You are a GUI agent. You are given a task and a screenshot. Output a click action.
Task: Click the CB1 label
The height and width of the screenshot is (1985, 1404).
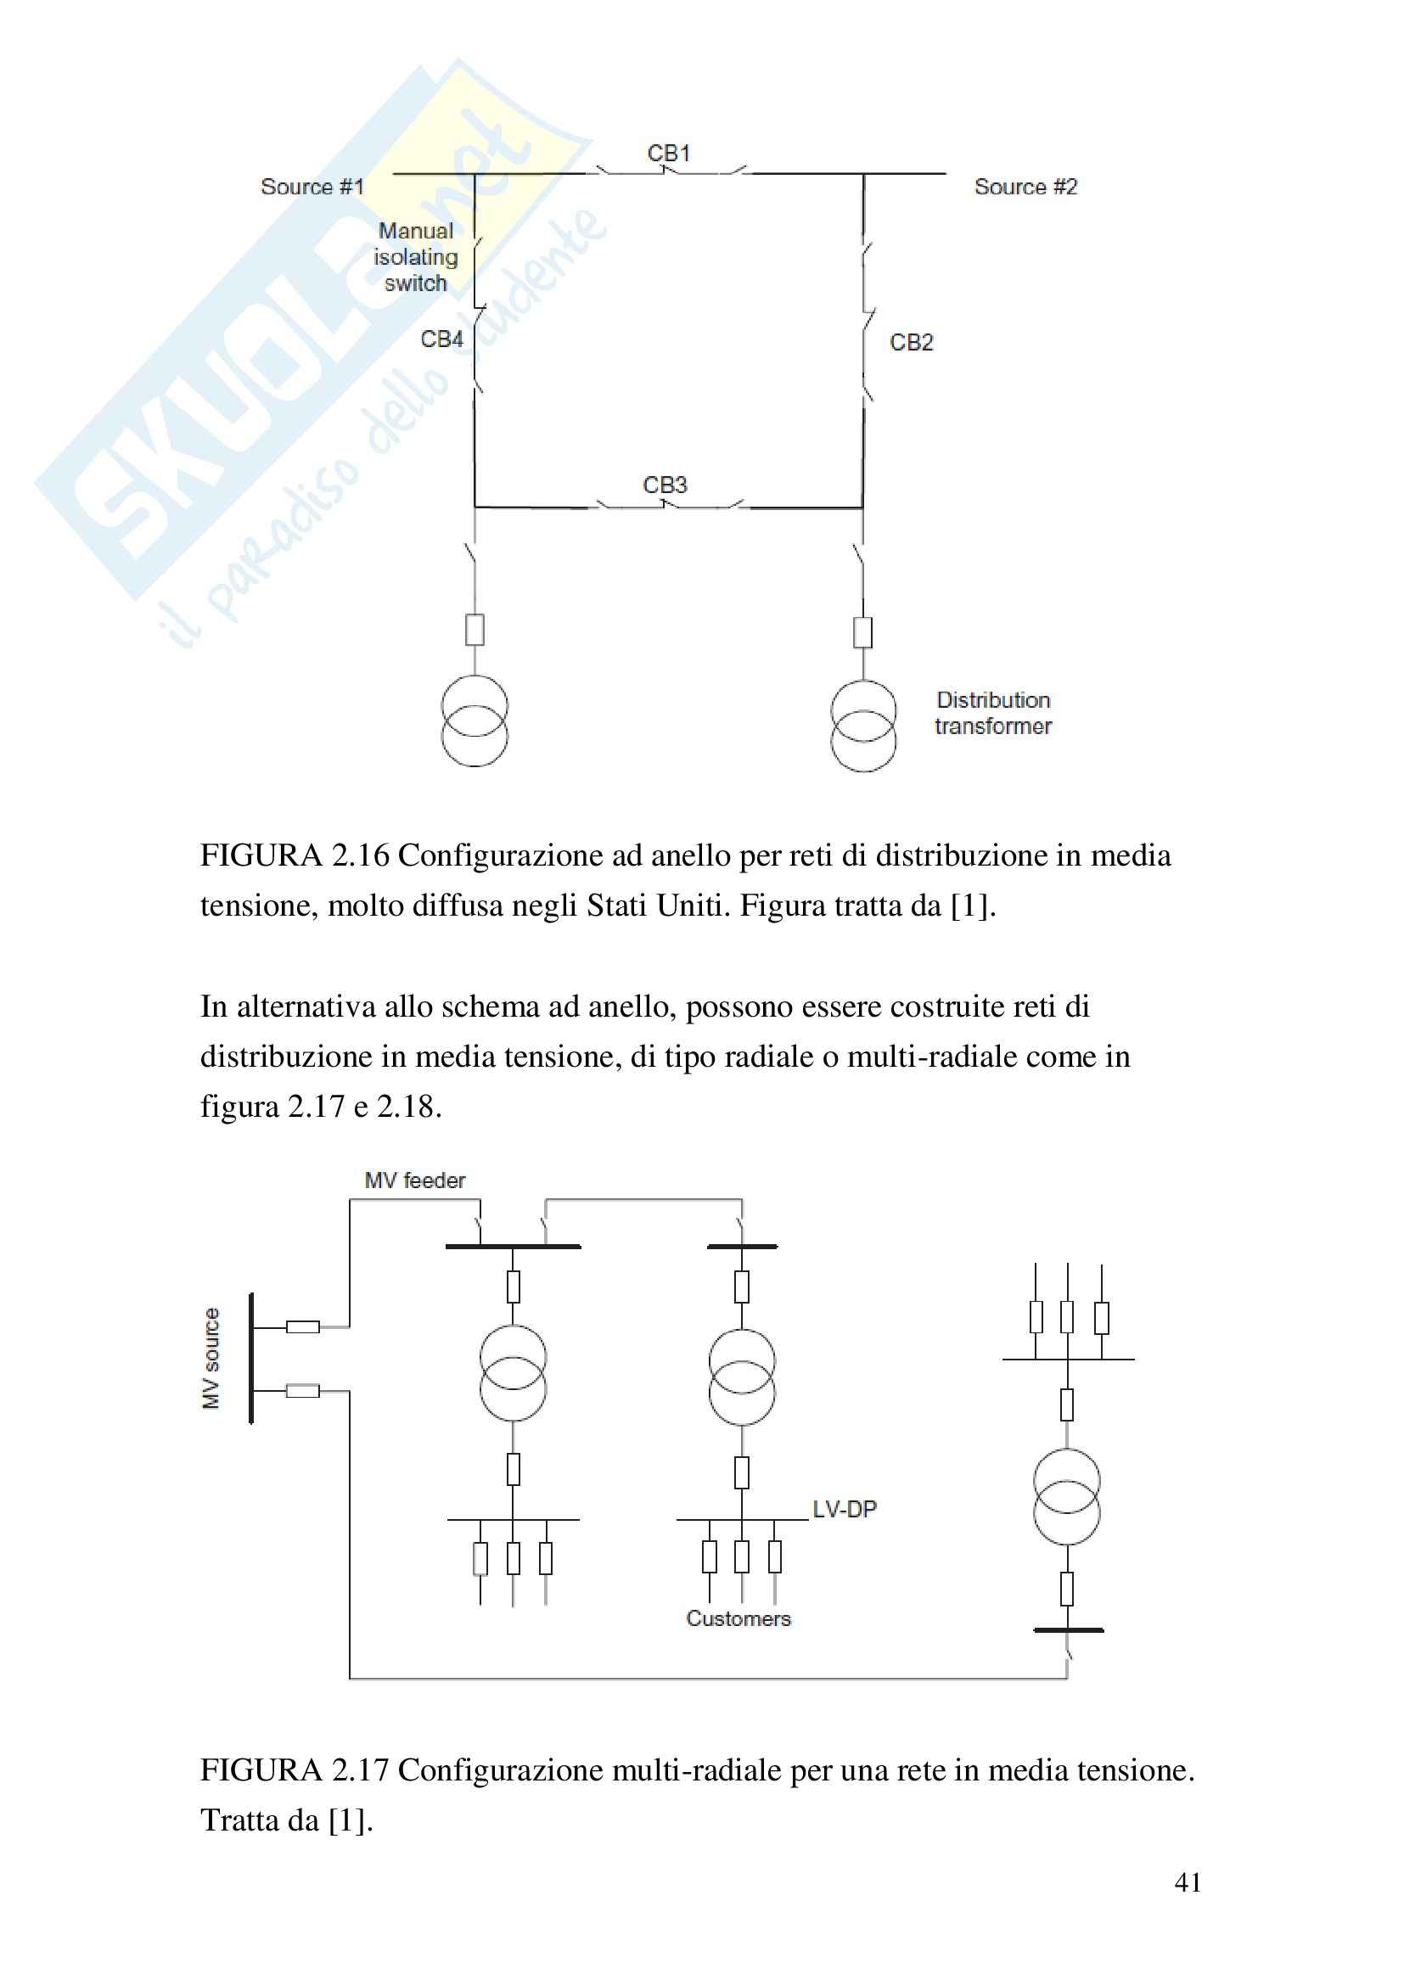tap(668, 154)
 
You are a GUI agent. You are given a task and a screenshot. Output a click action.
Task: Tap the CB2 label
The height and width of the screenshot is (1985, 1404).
tap(911, 342)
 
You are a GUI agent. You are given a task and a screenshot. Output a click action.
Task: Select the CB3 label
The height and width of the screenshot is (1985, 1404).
tap(664, 485)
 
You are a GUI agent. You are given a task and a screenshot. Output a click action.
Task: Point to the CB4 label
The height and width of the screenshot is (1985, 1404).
tap(441, 339)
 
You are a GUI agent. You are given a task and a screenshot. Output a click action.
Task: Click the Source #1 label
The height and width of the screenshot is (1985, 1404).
tap(312, 187)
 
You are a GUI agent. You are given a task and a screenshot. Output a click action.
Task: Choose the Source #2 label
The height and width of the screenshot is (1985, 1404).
tap(1025, 187)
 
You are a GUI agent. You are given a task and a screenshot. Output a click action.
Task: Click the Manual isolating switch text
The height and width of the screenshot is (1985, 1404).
tap(416, 257)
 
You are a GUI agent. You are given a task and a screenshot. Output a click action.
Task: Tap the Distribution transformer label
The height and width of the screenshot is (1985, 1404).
tap(992, 713)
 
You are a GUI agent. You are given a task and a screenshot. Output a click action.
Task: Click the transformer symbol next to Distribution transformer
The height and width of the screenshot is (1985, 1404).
tap(862, 726)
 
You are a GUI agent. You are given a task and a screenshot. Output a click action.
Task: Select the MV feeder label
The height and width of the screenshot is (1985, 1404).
tap(415, 1180)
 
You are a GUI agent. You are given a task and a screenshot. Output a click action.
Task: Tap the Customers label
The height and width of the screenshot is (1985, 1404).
tap(739, 1618)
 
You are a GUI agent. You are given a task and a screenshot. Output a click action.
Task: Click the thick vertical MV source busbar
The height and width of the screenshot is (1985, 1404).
tap(250, 1358)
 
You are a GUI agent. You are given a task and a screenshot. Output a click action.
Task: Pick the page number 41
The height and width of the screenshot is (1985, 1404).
tap(1187, 1882)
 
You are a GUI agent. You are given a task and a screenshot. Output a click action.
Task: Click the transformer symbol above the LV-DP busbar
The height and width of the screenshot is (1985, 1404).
tap(741, 1377)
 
